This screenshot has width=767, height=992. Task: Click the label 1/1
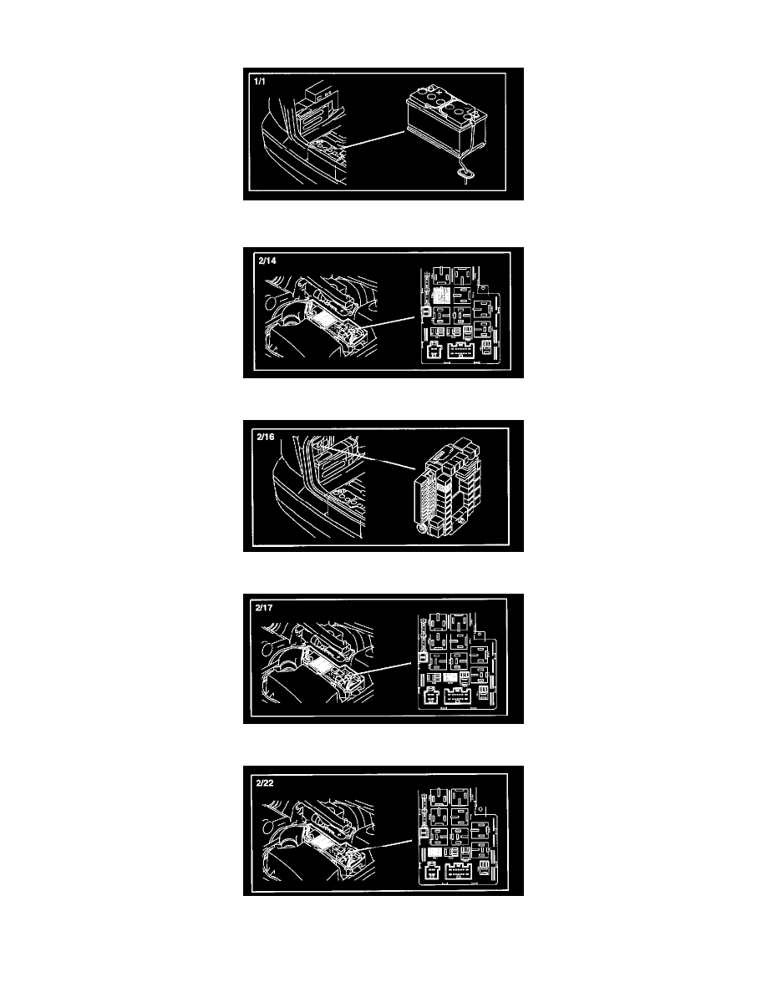tap(260, 82)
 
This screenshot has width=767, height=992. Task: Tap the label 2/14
tap(267, 260)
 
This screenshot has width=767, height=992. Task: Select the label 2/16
tap(266, 437)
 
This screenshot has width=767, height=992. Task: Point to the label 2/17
tap(264, 607)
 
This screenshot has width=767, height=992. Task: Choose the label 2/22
tap(265, 782)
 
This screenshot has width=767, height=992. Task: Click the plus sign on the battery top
tap(439, 93)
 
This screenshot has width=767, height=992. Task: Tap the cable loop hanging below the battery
tap(465, 171)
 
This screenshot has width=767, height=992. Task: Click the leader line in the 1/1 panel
tap(373, 139)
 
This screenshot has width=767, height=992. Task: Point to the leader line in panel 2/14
tap(390, 322)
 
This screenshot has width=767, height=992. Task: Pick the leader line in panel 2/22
tap(389, 844)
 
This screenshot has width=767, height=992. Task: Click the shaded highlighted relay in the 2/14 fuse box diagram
tap(441, 294)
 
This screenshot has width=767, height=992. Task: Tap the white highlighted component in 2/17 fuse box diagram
tap(450, 677)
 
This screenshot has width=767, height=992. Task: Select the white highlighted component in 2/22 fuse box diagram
tap(434, 853)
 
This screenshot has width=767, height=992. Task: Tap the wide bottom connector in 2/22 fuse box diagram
tap(457, 873)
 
